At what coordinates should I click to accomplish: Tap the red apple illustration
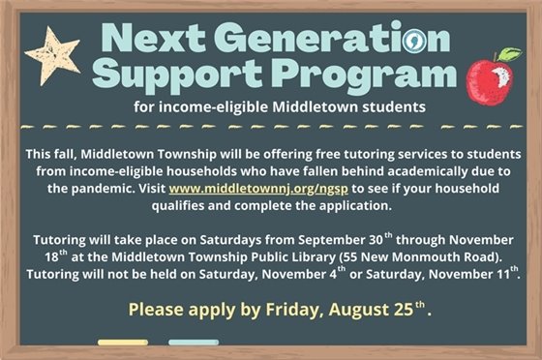[x=489, y=81]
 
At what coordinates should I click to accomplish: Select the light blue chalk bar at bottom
[x=193, y=342]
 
